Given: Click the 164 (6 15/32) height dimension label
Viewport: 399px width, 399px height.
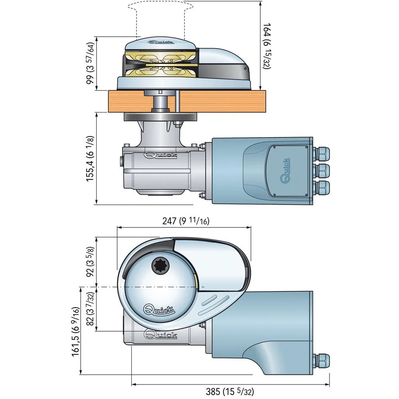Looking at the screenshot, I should click(267, 46).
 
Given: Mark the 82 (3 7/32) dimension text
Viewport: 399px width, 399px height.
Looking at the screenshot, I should click(91, 309).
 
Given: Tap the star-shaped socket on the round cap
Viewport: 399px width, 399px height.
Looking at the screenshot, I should click(161, 265).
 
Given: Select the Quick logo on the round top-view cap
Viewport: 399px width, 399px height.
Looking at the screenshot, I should click(159, 309).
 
